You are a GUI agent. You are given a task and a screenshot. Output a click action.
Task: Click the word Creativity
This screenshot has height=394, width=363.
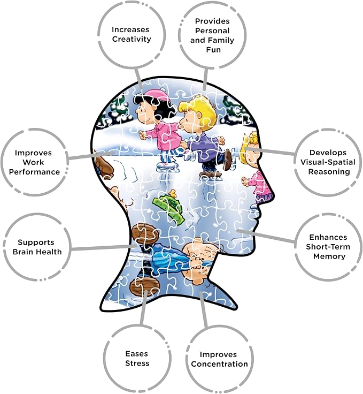click(x=132, y=39)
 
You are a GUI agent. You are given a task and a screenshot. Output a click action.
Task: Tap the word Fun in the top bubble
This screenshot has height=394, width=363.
click(x=213, y=50)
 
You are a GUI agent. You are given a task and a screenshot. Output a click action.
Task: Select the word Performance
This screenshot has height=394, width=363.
click(x=34, y=172)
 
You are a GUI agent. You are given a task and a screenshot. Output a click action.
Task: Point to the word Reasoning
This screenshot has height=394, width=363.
click(x=329, y=172)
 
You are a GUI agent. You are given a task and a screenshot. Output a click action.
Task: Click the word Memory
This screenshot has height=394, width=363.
click(x=329, y=256)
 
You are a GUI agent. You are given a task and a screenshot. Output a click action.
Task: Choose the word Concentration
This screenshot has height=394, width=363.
click(x=219, y=364)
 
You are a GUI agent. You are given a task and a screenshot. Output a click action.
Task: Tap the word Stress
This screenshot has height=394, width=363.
click(x=137, y=363)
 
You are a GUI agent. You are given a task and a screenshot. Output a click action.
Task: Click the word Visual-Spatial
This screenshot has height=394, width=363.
click(x=328, y=162)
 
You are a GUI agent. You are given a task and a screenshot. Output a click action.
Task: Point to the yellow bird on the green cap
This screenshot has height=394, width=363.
click(x=173, y=193)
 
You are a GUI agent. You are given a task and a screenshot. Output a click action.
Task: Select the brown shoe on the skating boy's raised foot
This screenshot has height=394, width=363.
click(x=228, y=160)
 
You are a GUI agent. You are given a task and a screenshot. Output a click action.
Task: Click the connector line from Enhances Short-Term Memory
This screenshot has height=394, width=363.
click(x=266, y=236)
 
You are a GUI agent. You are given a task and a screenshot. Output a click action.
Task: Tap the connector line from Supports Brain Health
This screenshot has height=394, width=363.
click(x=104, y=248)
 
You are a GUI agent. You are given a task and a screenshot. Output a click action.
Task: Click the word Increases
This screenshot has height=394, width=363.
click(x=130, y=29)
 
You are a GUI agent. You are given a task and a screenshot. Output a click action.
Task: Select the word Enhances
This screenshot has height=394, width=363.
click(x=328, y=237)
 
